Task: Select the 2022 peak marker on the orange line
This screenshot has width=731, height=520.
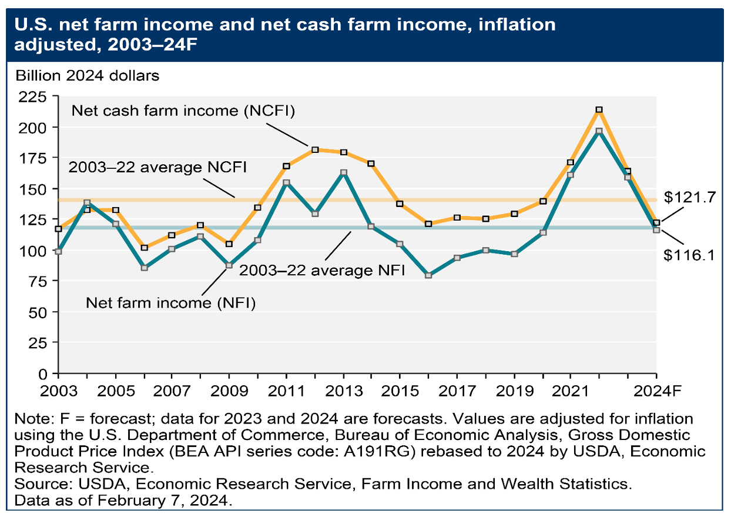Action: tap(599, 110)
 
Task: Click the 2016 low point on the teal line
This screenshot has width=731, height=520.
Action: tap(428, 275)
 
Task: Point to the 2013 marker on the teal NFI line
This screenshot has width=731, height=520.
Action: tap(344, 172)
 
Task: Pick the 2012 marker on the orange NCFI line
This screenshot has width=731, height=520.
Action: tap(315, 150)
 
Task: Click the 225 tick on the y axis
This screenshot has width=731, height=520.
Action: tap(35, 96)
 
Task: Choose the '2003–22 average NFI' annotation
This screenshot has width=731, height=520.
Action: tap(318, 272)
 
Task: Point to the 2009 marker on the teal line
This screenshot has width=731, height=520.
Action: tap(229, 265)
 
